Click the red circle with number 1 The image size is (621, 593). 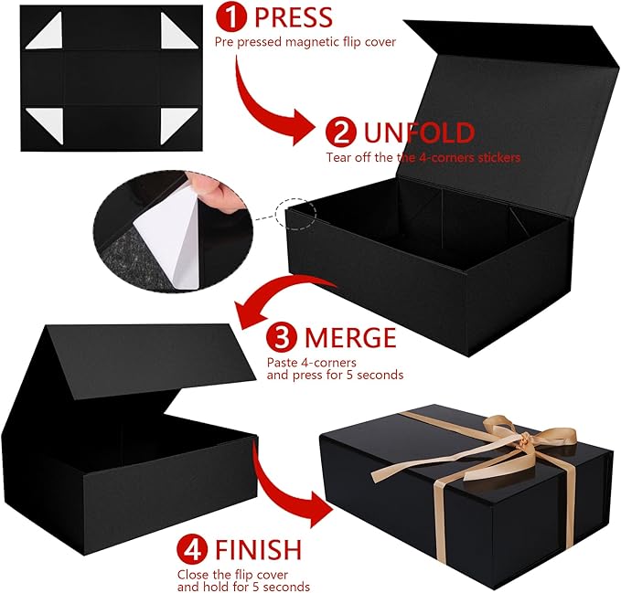(x=231, y=16)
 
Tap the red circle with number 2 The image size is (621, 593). (x=341, y=132)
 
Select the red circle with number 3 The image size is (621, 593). (x=282, y=337)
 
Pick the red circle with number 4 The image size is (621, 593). (x=192, y=548)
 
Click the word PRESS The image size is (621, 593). (x=293, y=17)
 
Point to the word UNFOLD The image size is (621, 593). (x=419, y=132)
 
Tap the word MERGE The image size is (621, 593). (x=350, y=337)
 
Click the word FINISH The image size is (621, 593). (x=258, y=549)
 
